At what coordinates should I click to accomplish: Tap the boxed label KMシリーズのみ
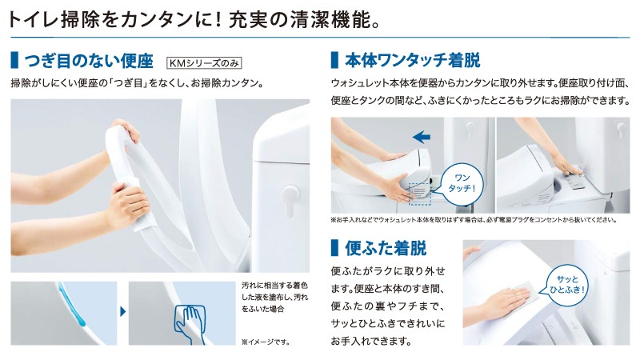pos(203,62)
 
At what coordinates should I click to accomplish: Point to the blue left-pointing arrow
pos(421,137)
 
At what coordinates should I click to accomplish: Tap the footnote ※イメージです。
pos(265,341)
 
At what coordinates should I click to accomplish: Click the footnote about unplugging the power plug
pos(473,220)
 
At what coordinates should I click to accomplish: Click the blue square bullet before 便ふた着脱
pos(335,247)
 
